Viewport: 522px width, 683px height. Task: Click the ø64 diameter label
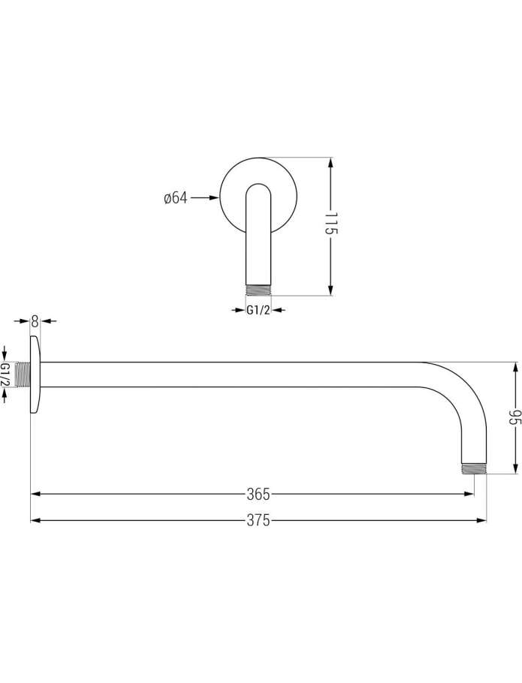[175, 197]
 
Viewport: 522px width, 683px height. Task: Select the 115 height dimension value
[331, 224]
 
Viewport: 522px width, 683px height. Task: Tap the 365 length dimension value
[258, 494]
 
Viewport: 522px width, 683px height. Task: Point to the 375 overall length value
[258, 520]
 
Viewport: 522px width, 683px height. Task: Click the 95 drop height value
[516, 418]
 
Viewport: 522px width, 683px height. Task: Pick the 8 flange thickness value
[35, 321]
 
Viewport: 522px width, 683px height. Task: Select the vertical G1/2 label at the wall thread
[5, 375]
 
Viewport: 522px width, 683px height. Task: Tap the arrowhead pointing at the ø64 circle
[214, 197]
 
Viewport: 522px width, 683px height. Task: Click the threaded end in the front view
[259, 290]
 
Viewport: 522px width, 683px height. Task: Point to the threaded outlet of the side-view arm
[474, 468]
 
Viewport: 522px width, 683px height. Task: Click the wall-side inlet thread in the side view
[22, 375]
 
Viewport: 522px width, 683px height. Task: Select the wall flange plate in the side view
[35, 375]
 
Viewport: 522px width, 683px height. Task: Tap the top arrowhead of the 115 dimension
[330, 164]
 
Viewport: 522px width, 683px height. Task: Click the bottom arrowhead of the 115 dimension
[330, 290]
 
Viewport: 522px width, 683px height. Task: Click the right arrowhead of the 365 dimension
[469, 494]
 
